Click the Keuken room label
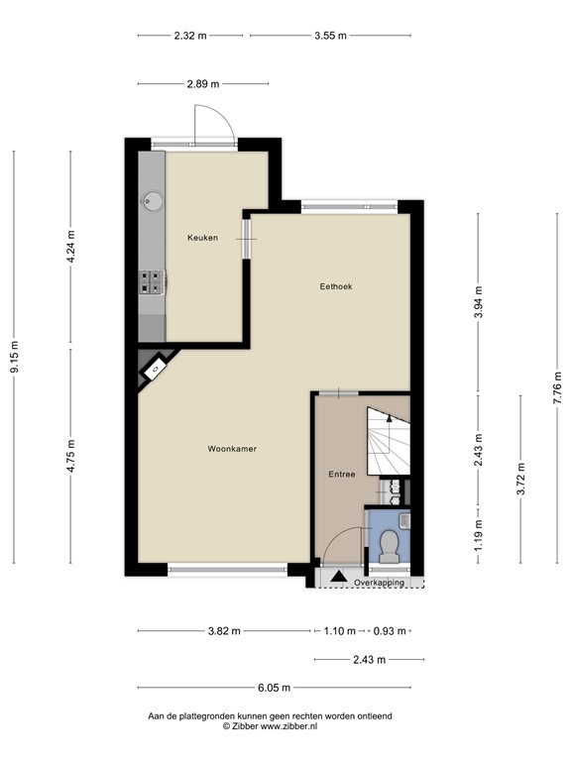pyautogui.click(x=203, y=238)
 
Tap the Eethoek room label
pyautogui.click(x=335, y=286)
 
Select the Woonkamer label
pyautogui.click(x=232, y=449)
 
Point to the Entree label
pyautogui.click(x=342, y=475)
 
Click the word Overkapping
pyautogui.click(x=379, y=584)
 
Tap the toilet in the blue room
pyautogui.click(x=390, y=542)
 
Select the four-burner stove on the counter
pyautogui.click(x=152, y=283)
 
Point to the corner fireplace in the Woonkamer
pyautogui.click(x=153, y=370)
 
